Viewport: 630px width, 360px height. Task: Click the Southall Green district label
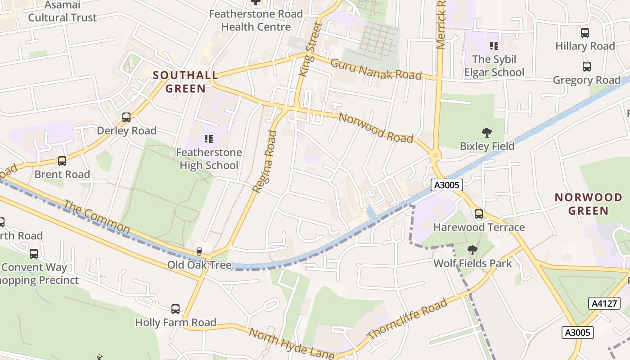coord(185,81)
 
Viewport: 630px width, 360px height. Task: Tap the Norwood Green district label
coord(588,204)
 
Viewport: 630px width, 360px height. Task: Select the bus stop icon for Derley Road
coord(126,117)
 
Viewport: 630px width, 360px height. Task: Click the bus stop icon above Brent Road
coord(62,161)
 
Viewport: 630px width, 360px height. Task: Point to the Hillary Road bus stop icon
coord(585,33)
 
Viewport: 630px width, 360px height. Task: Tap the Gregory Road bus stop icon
coord(587,67)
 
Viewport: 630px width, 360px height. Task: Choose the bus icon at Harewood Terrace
coord(479,214)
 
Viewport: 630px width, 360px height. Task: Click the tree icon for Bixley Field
coord(486,133)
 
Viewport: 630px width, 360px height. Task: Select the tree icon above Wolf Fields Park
coord(472,250)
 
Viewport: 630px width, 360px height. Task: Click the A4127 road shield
coord(603,303)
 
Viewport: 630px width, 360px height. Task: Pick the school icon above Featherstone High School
coord(208,139)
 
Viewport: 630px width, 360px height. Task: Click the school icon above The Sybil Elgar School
coord(494,46)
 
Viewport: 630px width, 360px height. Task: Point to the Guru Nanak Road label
coord(376,69)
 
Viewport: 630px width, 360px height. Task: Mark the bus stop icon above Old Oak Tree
coord(199,251)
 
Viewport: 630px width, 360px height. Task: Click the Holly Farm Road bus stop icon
coord(175,309)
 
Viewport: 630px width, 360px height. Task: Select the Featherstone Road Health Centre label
coord(256,20)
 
